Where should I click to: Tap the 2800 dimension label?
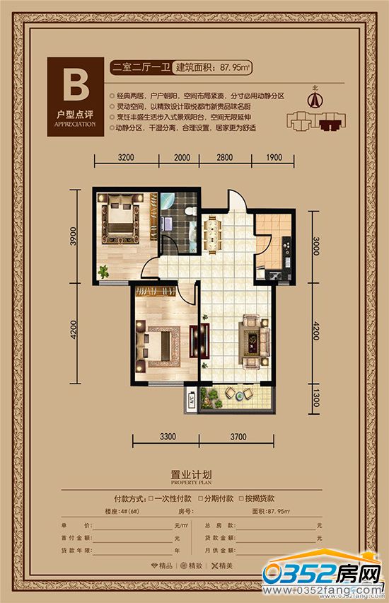coord(225,157)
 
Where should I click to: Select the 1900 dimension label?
coord(274,157)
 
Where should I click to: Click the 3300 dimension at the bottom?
coord(167,436)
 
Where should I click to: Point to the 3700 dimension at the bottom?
coord(238,436)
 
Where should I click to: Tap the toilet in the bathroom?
coord(185,213)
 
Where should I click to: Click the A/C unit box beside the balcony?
coord(191,400)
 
